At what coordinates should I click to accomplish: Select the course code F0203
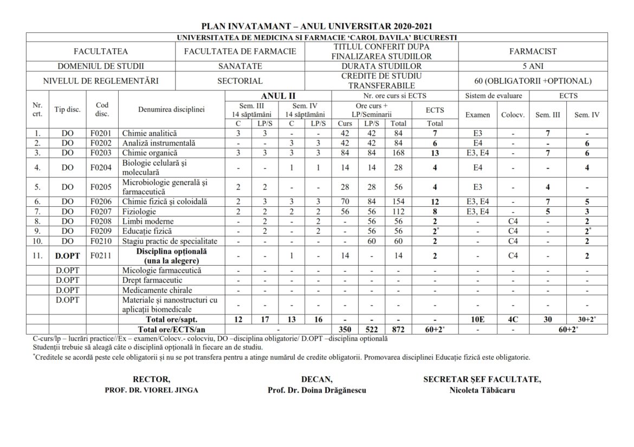click(x=102, y=153)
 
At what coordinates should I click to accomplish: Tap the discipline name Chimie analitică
click(x=150, y=133)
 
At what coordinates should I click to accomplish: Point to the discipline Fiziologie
click(x=140, y=212)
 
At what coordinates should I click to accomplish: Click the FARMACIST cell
click(x=533, y=51)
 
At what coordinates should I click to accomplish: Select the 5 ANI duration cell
click(x=533, y=66)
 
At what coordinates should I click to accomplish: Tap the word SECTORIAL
click(x=240, y=81)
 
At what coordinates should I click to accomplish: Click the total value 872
click(x=398, y=329)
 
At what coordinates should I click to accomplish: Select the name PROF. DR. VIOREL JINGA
click(x=151, y=390)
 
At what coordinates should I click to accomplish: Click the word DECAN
click(x=316, y=379)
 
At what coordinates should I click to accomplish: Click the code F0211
click(x=102, y=256)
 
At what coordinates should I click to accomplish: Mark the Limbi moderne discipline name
click(x=148, y=221)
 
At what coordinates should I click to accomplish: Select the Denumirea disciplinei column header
click(x=171, y=109)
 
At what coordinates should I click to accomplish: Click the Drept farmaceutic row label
click(x=152, y=280)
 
